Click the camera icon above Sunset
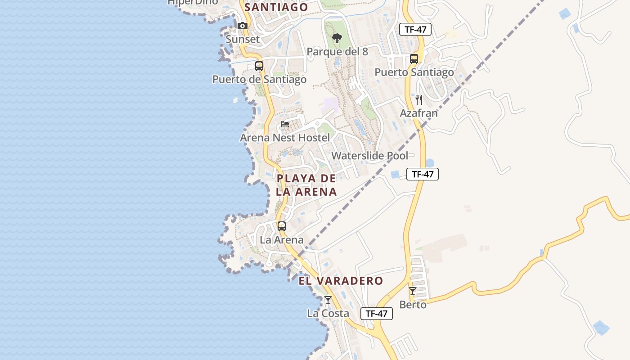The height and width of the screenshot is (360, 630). [x=243, y=26]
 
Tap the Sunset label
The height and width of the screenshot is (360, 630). [x=243, y=39]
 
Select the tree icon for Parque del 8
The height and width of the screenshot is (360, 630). [x=337, y=39]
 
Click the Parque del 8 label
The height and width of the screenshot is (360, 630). [x=337, y=52]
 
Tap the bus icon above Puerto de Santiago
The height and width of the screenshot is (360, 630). [x=259, y=66]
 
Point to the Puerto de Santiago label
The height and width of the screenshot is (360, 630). [x=259, y=80]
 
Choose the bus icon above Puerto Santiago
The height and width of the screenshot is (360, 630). [x=414, y=59]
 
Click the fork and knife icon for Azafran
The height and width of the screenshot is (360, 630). [x=419, y=99]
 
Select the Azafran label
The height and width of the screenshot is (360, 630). [x=418, y=113]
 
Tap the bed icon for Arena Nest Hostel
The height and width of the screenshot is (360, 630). [x=284, y=124]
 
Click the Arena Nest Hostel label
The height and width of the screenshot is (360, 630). [x=284, y=138]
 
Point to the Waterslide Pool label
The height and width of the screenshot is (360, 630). [x=370, y=156]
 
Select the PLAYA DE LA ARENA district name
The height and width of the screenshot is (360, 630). [x=306, y=185]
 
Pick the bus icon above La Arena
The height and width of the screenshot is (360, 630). [x=282, y=226]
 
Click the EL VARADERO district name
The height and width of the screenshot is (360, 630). [x=341, y=281]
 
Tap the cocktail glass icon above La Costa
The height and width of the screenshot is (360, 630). [x=328, y=300]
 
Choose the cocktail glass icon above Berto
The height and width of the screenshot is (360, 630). [x=413, y=291]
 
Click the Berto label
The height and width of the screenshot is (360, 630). [x=413, y=305]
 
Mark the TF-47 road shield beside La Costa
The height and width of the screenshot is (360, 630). [x=377, y=314]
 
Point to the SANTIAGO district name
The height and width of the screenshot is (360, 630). [x=276, y=7]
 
